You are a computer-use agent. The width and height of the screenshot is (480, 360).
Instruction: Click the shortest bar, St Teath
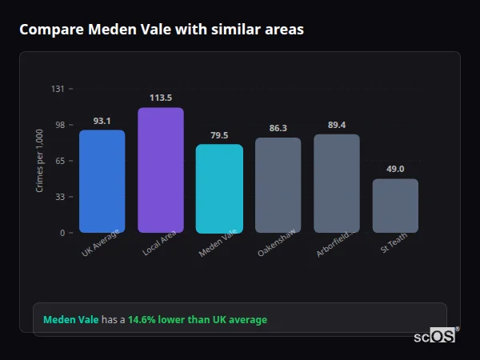tap(395, 206)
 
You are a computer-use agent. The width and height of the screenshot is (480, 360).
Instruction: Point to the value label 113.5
tap(160, 98)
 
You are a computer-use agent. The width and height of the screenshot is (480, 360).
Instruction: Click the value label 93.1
tap(102, 121)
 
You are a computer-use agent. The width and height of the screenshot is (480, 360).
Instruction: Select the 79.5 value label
tap(219, 135)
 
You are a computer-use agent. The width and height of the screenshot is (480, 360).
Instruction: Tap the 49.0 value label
tap(395, 169)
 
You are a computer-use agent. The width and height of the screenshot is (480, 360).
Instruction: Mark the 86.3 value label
tap(278, 128)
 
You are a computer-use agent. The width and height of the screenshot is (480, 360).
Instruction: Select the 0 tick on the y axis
tap(62, 233)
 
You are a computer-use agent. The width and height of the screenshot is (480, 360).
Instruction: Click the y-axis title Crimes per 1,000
tap(40, 160)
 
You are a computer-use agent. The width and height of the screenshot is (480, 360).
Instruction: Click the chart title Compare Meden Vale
tap(161, 30)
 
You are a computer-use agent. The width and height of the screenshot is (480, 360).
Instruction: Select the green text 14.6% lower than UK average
tap(198, 320)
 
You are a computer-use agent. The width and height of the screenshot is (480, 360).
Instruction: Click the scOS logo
tap(434, 337)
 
